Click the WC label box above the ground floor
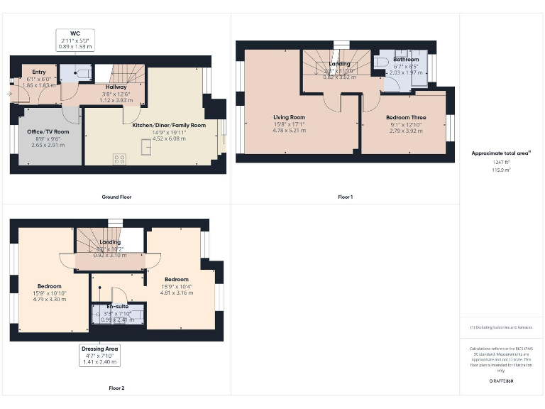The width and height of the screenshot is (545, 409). tap(75, 39)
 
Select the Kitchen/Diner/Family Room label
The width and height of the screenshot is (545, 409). tap(169, 125)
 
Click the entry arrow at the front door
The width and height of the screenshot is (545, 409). tap(10, 93)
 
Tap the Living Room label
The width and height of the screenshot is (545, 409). tap(290, 117)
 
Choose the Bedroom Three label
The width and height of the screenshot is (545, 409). tap(407, 117)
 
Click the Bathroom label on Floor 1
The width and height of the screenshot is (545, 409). tap(406, 60)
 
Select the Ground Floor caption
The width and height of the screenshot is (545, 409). tap(116, 197)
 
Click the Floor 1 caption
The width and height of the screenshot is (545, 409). tap(345, 197)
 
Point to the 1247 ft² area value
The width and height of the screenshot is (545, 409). tap(501, 162)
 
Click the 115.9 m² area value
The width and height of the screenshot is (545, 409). tap(501, 170)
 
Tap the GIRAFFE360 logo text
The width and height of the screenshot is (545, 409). tap(501, 381)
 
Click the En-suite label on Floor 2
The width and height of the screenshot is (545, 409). tap(117, 307)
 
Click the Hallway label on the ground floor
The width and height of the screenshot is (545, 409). tap(116, 87)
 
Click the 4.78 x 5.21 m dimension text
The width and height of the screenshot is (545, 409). tap(290, 131)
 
